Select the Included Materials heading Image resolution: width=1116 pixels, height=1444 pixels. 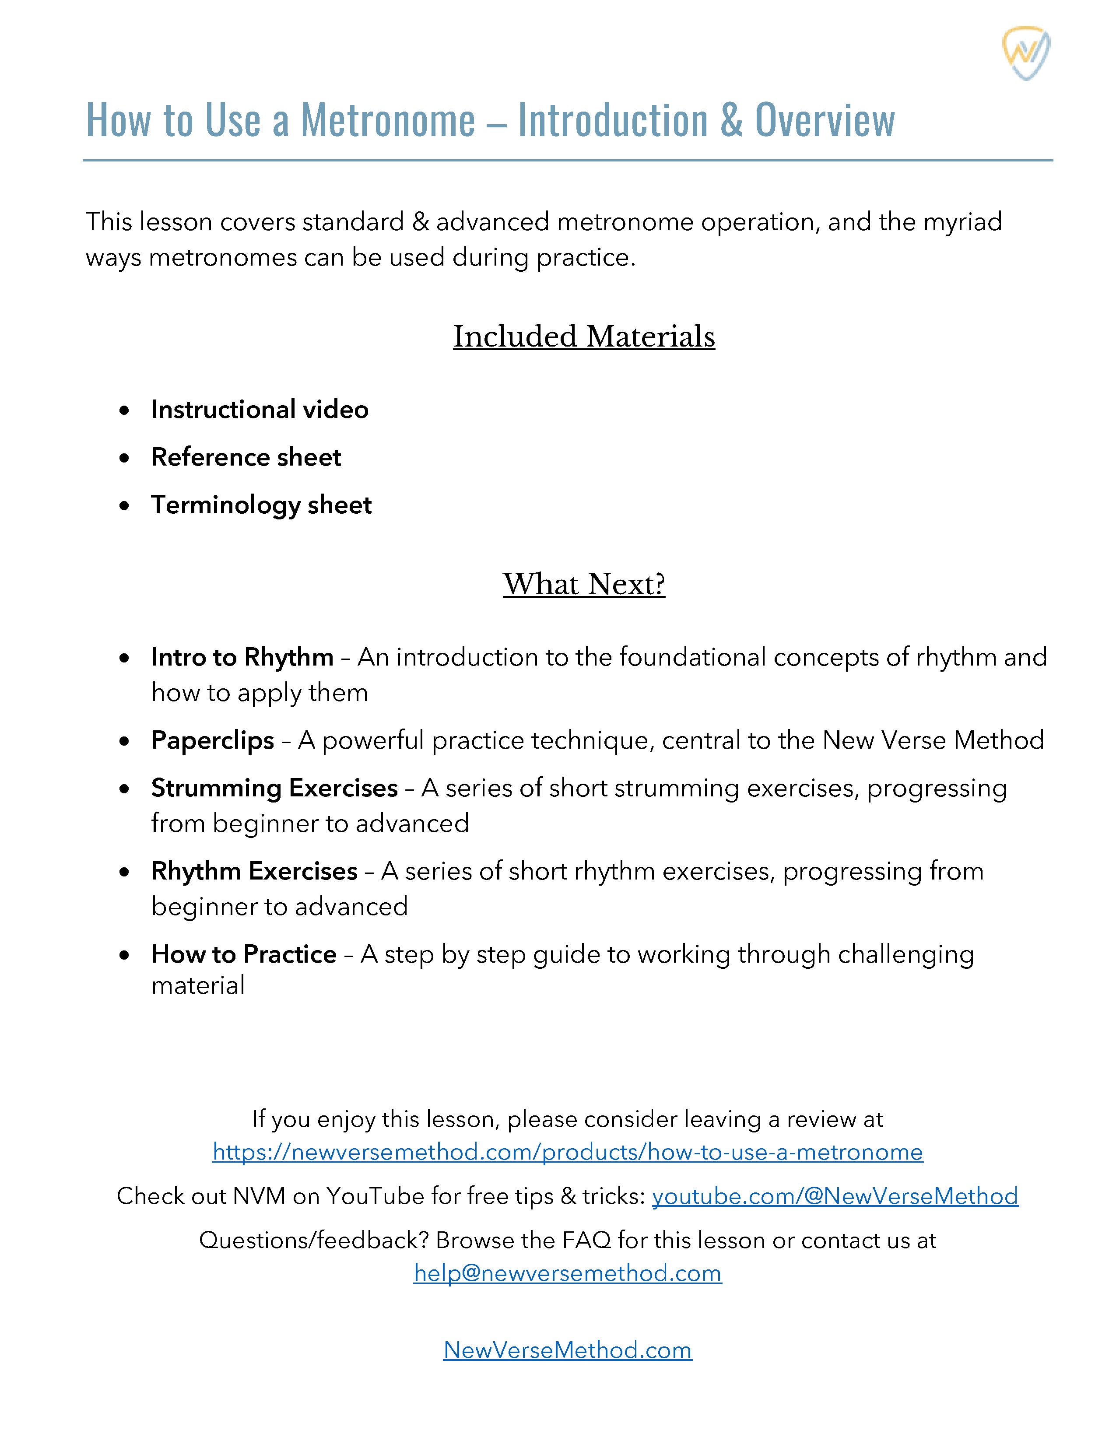tap(584, 336)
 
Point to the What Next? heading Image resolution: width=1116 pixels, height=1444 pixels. tap(584, 585)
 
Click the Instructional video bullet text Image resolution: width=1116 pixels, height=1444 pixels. tap(260, 410)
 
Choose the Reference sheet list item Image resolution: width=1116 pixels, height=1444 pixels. tap(246, 458)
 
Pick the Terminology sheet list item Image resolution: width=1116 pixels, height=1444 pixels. tap(261, 505)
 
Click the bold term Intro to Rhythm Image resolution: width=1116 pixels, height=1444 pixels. tap(242, 657)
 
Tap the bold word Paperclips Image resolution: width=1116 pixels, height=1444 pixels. tap(212, 740)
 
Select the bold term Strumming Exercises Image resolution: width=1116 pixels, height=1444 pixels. tap(274, 788)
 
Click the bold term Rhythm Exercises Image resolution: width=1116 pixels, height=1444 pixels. tap(255, 871)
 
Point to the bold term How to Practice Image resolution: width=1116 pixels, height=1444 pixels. tap(244, 955)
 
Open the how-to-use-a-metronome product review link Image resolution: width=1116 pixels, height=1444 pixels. tap(567, 1153)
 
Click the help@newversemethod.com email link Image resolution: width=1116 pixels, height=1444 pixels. tap(567, 1273)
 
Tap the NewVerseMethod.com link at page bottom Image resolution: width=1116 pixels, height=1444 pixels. tap(567, 1349)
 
